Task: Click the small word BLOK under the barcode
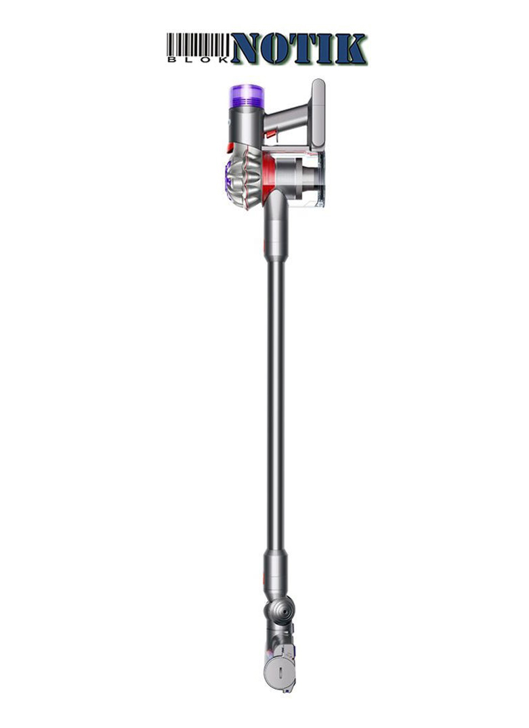(x=198, y=60)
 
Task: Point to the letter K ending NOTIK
(x=350, y=48)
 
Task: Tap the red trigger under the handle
(x=271, y=134)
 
